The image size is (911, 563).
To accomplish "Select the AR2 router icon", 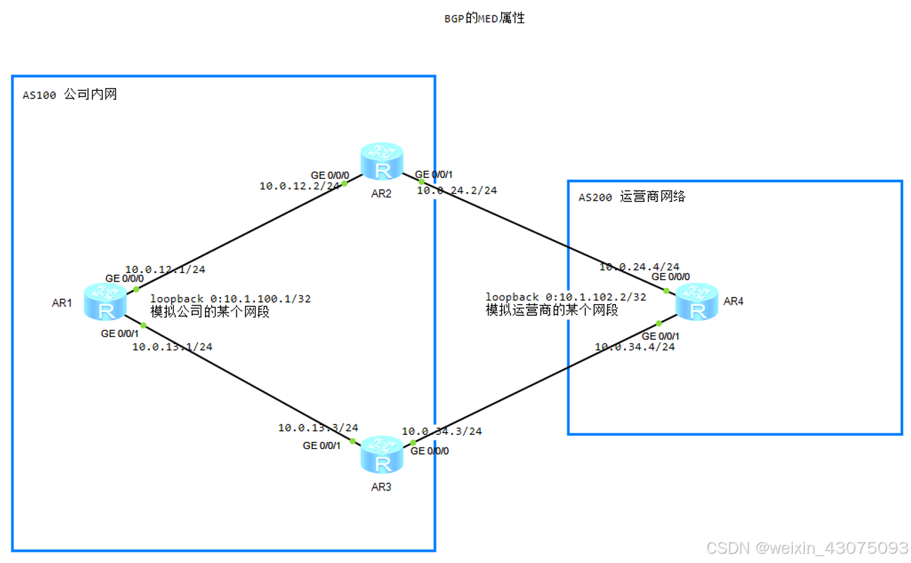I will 382,163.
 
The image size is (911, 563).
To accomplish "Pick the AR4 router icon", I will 696,303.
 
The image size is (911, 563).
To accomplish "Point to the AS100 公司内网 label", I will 70,95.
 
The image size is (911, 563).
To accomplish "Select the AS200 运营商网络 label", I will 632,198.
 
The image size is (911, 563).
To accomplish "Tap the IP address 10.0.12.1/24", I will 165,269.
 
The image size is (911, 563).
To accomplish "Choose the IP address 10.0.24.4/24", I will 639,267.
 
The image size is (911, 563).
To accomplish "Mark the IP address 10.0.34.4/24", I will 634,347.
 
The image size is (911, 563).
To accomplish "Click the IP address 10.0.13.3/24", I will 318,428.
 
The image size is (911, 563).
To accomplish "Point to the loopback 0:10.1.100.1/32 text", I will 230,298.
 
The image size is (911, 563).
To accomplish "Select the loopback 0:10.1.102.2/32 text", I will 565,297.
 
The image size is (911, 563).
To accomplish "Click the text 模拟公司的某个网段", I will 210,311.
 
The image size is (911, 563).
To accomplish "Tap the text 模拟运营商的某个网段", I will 552,310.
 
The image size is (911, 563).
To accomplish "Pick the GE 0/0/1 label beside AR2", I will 433,175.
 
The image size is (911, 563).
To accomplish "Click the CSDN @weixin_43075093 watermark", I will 807,548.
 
